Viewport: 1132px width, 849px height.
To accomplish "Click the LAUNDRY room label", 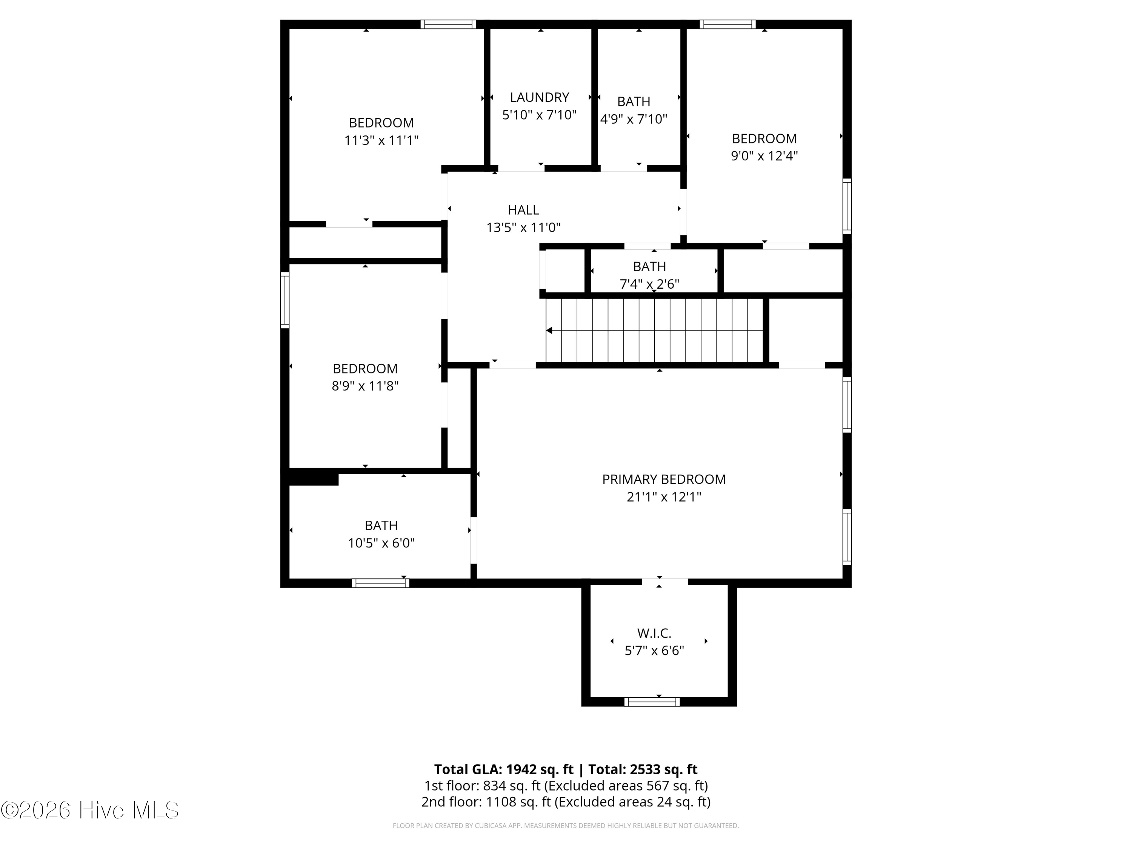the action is [539, 97].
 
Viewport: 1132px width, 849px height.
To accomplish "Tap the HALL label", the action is [523, 210].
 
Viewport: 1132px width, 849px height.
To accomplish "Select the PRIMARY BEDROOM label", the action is [664, 480].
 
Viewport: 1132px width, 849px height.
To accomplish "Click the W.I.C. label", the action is [654, 634].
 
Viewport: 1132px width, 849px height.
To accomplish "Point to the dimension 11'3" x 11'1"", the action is [381, 140].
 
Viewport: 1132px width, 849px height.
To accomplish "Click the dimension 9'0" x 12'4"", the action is [764, 156].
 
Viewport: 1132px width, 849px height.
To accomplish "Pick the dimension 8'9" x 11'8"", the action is [365, 386].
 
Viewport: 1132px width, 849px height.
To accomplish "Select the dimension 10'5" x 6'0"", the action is [381, 543].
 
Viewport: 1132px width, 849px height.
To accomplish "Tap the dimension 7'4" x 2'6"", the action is [649, 284].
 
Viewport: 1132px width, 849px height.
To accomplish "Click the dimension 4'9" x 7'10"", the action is [634, 119].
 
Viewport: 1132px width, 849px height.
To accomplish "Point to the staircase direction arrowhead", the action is [549, 331].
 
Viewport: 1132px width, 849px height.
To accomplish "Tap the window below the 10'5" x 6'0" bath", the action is [380, 583].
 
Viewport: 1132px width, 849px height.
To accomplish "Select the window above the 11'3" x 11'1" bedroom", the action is [448, 24].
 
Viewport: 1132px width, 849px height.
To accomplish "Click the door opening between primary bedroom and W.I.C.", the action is [665, 581].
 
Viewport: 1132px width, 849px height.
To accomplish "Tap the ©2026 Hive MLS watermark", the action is [90, 810].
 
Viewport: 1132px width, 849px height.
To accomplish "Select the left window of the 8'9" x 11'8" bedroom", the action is [285, 300].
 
